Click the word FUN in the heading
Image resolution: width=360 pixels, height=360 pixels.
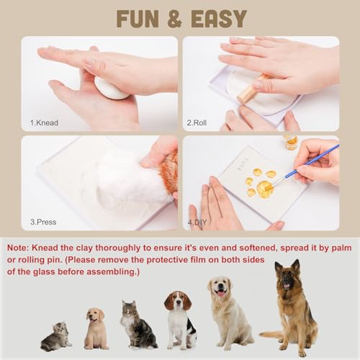click(138, 19)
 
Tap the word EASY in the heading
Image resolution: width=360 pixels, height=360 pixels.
click(219, 19)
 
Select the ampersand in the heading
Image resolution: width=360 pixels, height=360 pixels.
click(174, 19)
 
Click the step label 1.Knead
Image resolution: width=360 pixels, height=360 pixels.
click(44, 122)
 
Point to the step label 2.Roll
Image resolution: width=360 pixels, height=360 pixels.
click(197, 122)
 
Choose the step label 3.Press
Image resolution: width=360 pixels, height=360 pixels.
click(43, 222)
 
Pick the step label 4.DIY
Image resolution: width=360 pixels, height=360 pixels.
click(197, 222)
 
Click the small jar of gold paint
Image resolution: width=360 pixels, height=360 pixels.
click(291, 142)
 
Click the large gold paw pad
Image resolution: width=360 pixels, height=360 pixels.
click(265, 188)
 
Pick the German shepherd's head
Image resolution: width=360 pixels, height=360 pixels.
click(287, 275)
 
